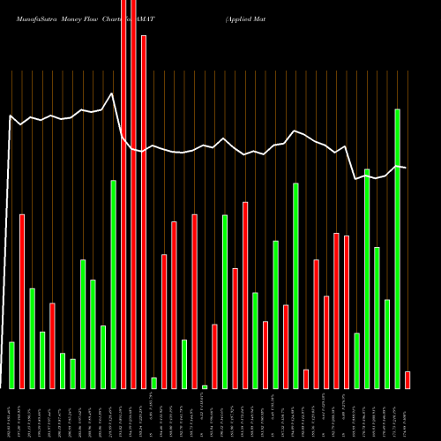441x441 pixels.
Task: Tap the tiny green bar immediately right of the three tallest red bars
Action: point(153,383)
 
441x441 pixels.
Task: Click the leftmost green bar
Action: point(11,365)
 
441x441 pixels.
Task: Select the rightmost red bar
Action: point(407,380)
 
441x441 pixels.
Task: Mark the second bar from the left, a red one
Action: point(22,301)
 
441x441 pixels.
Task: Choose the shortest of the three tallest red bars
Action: point(144,212)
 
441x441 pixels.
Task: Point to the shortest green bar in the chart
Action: point(205,386)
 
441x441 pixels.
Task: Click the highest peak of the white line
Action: point(112,93)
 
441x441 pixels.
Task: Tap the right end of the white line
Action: point(406,167)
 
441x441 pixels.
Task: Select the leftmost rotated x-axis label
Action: point(11,415)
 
